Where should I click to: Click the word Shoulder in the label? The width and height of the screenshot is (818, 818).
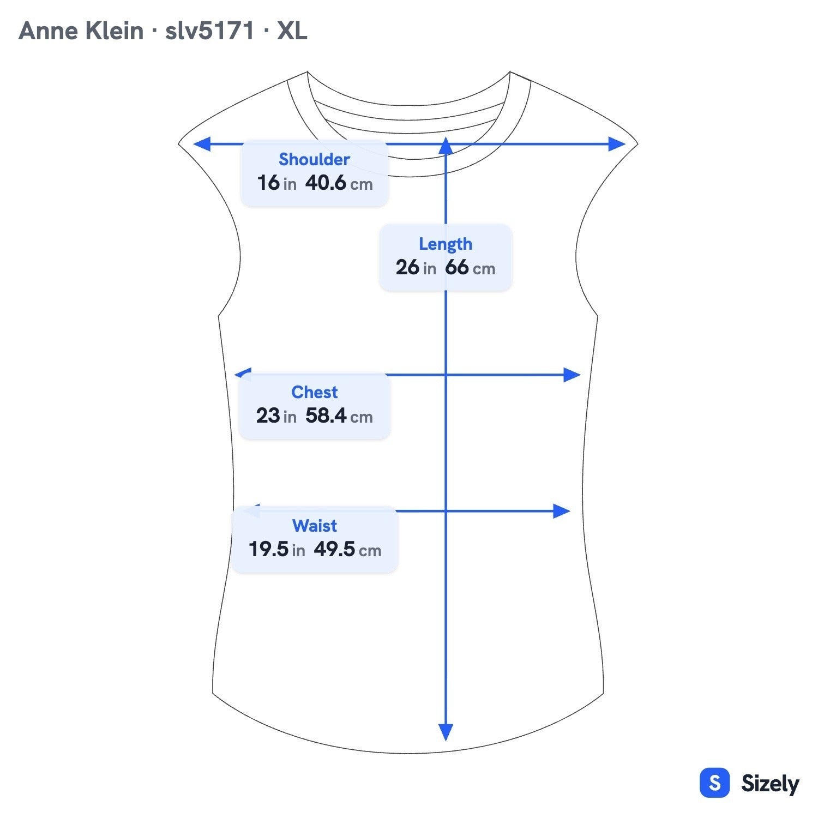tap(314, 159)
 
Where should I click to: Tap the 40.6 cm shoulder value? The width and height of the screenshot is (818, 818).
tap(339, 183)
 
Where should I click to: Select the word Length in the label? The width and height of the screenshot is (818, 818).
tap(446, 244)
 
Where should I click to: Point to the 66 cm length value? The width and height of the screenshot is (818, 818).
tap(470, 267)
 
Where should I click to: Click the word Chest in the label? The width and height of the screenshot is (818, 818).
tap(315, 392)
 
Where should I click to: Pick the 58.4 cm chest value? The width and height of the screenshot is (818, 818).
tap(339, 416)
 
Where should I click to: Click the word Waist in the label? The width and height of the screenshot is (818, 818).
tap(315, 526)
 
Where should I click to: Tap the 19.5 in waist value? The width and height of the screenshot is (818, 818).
tap(276, 549)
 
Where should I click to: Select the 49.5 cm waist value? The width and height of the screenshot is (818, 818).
tap(347, 549)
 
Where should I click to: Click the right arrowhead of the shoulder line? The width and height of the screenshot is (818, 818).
tap(617, 144)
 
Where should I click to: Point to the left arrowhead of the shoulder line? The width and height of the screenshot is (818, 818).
tap(202, 144)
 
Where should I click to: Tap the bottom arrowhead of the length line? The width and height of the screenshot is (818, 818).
tap(446, 732)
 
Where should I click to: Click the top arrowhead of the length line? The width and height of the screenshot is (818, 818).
tap(446, 145)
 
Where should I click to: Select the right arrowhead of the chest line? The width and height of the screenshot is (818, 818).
tap(572, 375)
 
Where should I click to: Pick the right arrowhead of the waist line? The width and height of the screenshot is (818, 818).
tap(562, 511)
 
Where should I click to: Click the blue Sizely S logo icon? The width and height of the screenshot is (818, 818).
tap(714, 783)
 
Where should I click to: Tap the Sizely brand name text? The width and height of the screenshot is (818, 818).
tap(770, 784)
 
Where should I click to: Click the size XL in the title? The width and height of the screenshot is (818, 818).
tap(292, 31)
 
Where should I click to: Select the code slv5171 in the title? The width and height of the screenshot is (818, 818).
tap(210, 31)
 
